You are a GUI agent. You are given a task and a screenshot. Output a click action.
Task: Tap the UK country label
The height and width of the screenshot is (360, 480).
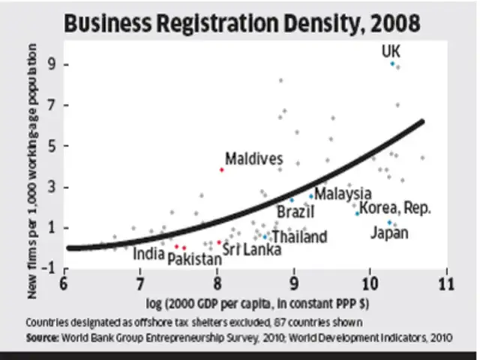tap(391, 51)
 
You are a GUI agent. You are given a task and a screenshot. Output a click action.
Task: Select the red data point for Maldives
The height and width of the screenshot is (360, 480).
tap(222, 169)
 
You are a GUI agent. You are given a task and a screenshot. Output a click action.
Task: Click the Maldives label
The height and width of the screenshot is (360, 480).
tap(254, 159)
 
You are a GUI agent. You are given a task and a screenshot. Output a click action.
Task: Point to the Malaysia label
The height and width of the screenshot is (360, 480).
tap(343, 194)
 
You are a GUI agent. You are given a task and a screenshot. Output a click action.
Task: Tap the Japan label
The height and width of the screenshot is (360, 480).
tap(389, 233)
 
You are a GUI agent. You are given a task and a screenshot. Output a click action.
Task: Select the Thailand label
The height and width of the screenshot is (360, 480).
tap(299, 237)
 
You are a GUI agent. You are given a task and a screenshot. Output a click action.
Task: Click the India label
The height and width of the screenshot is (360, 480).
tap(148, 253)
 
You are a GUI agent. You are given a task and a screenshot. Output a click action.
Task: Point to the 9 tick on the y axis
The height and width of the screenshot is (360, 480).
tap(53, 64)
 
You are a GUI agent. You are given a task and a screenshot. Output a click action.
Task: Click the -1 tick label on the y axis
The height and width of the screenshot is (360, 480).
tap(50, 268)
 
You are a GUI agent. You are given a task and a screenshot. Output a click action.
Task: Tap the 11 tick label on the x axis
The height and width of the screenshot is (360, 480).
tap(447, 284)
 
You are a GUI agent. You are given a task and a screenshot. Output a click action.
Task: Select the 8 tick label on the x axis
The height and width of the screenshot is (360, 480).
tap(217, 284)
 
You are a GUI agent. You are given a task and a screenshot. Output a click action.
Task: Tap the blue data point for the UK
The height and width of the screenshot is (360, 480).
tap(392, 64)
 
